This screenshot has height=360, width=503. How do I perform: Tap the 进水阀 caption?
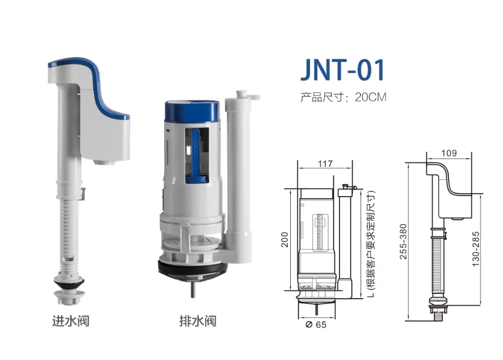click(x=71, y=320)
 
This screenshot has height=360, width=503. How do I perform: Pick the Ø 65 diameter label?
click(x=316, y=324)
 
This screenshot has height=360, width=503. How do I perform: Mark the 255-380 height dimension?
click(x=403, y=241)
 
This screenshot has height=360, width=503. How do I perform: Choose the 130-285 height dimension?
click(x=476, y=248)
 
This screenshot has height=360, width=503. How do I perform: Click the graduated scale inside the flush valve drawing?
click(x=319, y=231)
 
